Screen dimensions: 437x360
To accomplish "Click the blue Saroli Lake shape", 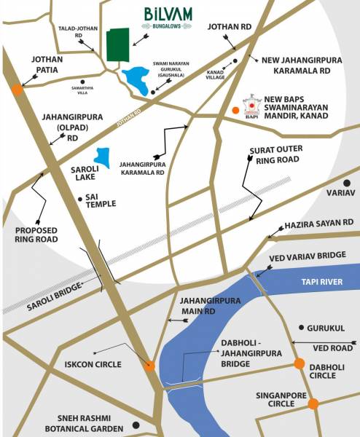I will (103, 158).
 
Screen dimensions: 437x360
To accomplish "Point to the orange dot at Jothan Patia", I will (16, 90).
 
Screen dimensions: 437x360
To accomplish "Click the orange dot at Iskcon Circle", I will (149, 366).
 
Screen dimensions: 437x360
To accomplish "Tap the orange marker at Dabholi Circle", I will (299, 364).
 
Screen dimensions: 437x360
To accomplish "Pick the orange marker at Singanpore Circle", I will (313, 403).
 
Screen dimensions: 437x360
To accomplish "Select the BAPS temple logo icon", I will (251, 104).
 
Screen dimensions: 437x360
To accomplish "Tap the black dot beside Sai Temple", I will (79, 197).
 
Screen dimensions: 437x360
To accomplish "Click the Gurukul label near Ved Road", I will (325, 328).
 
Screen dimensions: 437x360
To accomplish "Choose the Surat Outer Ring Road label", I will (275, 154).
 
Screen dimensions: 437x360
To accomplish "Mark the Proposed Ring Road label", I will (36, 233).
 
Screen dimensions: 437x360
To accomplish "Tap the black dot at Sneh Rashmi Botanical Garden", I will (136, 425).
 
